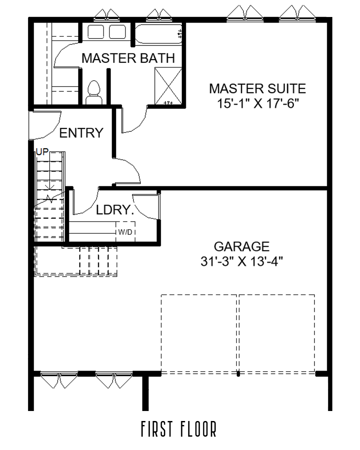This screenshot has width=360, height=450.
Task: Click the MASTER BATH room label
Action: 128,58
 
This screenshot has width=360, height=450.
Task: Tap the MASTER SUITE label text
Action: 257,89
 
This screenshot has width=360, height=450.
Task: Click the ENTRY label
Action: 81,133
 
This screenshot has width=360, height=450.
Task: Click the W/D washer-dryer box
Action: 125,232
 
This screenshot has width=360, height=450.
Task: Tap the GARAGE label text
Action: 241,247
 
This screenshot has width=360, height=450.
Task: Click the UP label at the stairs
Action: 42,152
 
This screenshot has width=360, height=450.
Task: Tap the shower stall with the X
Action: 168,86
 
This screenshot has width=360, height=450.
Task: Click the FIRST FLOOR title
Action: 179,429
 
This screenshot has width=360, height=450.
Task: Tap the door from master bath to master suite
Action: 133,120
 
